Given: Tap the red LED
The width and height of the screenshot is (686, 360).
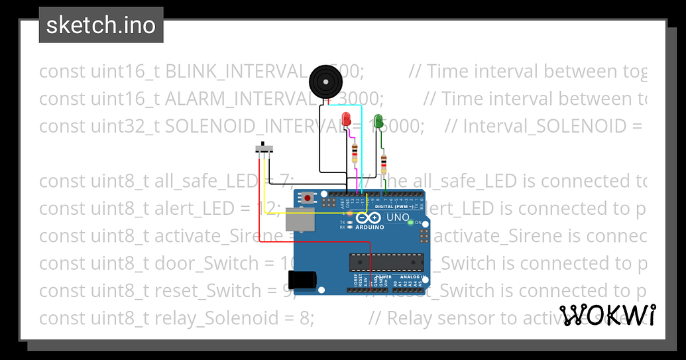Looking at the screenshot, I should [x=346, y=120].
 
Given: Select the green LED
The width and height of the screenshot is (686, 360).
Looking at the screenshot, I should [x=378, y=121].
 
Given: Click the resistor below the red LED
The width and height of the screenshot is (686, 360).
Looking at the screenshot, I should [x=355, y=154].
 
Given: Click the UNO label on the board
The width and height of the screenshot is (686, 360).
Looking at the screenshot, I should [x=398, y=217].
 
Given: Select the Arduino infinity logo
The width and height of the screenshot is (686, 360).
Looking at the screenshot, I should [x=368, y=218].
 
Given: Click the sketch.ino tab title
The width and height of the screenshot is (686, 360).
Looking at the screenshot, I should [x=101, y=25].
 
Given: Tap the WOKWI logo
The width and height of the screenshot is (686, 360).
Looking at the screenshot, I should [x=607, y=315].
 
